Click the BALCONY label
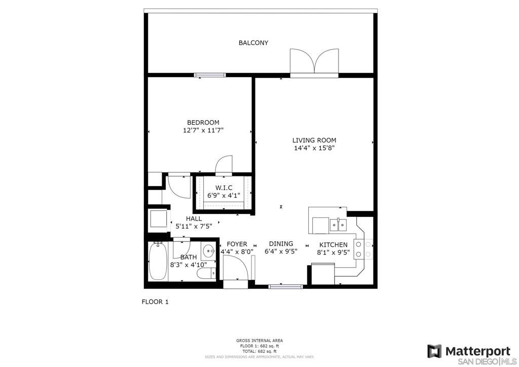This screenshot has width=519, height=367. pyautogui.click(x=253, y=43)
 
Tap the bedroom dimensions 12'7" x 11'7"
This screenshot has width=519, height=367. pyautogui.click(x=203, y=130)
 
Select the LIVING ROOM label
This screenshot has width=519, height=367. pyautogui.click(x=314, y=140)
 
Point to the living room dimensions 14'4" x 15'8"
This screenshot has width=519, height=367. pyautogui.click(x=314, y=148)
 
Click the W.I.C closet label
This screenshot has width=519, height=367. pyautogui.click(x=224, y=188)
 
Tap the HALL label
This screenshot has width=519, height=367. pyautogui.click(x=194, y=219)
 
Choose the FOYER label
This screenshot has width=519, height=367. pyautogui.click(x=237, y=244)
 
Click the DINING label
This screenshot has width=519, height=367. pyautogui.click(x=281, y=243)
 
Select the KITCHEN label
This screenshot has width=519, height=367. pyautogui.click(x=333, y=245)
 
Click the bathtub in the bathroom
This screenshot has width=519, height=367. pyautogui.click(x=158, y=262)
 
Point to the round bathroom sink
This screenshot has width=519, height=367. pyautogui.click(x=208, y=251)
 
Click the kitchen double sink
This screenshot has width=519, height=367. pyautogui.click(x=338, y=225)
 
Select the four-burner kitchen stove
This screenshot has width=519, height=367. pyautogui.click(x=363, y=249)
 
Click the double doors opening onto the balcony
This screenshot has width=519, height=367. pyautogui.click(x=314, y=63)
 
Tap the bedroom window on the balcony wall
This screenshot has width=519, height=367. pyautogui.click(x=210, y=75)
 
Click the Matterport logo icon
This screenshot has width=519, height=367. pyautogui.click(x=434, y=351)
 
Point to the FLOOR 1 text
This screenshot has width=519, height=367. pyautogui.click(x=155, y=302)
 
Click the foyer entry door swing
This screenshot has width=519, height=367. pyautogui.click(x=236, y=267)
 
